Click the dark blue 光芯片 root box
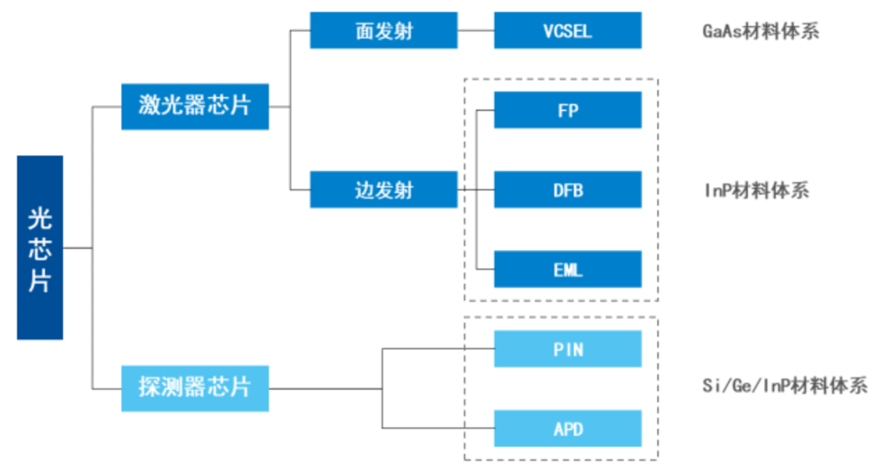(40, 247)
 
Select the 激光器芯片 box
(195, 106)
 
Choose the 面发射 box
(383, 31)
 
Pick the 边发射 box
(383, 190)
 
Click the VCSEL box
(567, 31)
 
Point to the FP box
(567, 110)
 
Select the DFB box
(567, 190)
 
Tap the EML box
(567, 269)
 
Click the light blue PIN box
(567, 349)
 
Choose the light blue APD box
(567, 428)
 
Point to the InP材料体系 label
(756, 191)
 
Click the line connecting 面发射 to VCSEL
(476, 31)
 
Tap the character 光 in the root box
(40, 218)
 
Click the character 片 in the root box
(40, 279)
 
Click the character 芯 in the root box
(40, 248)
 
